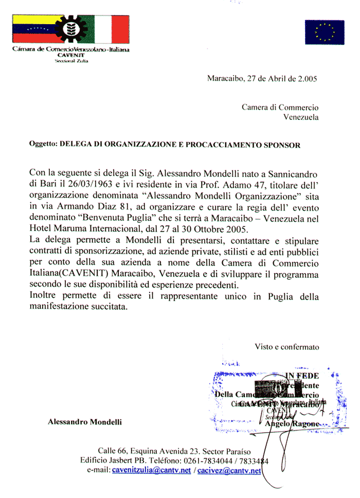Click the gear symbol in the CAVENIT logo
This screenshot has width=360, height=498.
[x=70, y=30]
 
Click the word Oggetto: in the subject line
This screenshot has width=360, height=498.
[x=43, y=145]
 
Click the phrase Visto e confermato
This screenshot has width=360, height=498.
[x=287, y=347]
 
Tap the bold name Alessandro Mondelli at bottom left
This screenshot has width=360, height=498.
[x=85, y=422]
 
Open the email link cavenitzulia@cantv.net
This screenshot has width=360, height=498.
[x=151, y=470]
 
